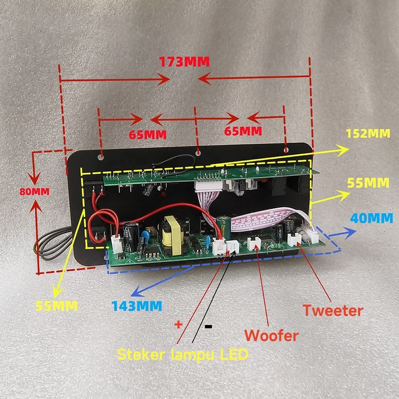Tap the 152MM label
coord(368,134)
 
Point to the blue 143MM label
coord(136,305)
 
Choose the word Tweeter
coord(333,311)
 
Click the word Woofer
coord(271,335)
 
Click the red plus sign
coord(178,324)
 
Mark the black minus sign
coord(209,326)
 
